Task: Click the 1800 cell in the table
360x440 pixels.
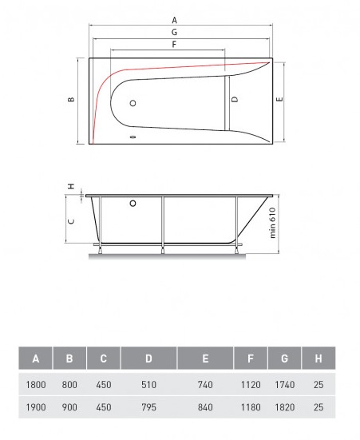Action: click(x=36, y=384)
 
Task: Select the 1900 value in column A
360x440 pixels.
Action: click(x=36, y=407)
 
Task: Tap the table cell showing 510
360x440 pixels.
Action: click(x=148, y=384)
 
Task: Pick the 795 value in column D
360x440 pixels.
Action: click(x=148, y=407)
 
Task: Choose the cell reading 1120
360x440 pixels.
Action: click(x=251, y=384)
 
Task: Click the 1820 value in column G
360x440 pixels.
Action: click(x=284, y=407)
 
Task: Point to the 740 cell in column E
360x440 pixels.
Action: click(x=207, y=384)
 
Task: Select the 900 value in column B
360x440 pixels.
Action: click(x=69, y=407)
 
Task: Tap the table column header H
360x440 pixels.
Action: click(x=319, y=359)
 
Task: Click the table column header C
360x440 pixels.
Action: click(x=103, y=359)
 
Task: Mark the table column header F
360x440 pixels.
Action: click(x=251, y=359)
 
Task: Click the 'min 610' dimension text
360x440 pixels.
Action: click(x=272, y=223)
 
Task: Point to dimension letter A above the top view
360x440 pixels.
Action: click(x=175, y=20)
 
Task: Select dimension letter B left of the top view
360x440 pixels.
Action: click(x=71, y=100)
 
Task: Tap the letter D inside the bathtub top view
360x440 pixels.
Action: click(x=235, y=100)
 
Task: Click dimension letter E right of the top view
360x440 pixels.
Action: click(x=279, y=100)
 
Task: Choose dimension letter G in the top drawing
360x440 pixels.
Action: click(x=175, y=33)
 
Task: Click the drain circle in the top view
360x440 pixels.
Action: click(x=133, y=103)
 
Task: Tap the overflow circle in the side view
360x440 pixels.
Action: click(x=129, y=204)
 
